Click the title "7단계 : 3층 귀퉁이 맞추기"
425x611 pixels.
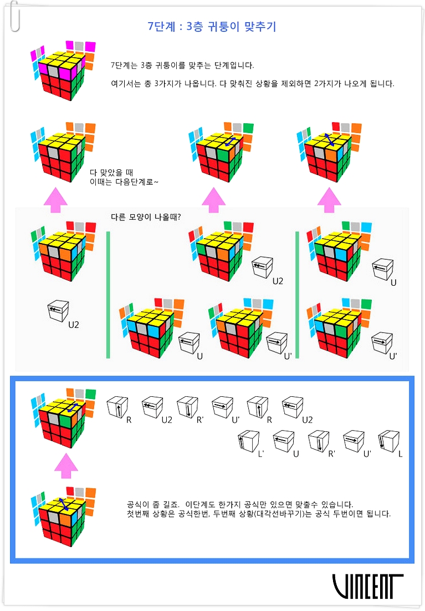pyautogui.click(x=212, y=27)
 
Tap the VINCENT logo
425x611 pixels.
pyautogui.click(x=368, y=586)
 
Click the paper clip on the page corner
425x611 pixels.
pyautogui.click(x=15, y=16)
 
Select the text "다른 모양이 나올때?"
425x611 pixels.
pyautogui.click(x=146, y=217)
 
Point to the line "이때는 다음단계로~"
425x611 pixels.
pyautogui.click(x=124, y=182)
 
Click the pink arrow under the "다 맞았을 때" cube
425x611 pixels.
pyautogui.click(x=55, y=200)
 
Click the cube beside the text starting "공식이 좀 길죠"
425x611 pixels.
pyautogui.click(x=63, y=516)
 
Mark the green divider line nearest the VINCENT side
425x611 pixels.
pyautogui.click(x=298, y=295)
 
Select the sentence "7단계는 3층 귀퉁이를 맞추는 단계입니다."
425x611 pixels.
pyautogui.click(x=182, y=65)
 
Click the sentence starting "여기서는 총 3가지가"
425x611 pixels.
pyautogui.click(x=253, y=83)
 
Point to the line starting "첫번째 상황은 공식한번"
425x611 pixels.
pyautogui.click(x=259, y=514)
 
